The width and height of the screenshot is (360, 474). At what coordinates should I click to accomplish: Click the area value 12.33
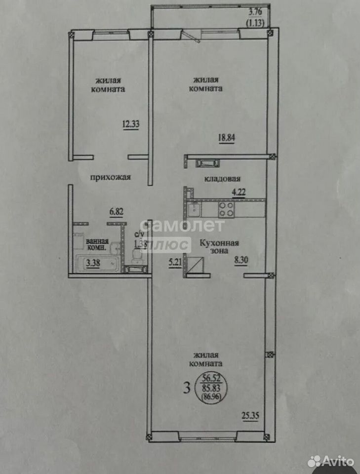(x=130, y=124)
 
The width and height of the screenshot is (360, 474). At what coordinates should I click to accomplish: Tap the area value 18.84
(x=227, y=138)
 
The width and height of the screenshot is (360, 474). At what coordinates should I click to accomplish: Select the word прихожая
(x=111, y=177)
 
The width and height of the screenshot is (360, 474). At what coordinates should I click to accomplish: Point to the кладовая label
(x=222, y=179)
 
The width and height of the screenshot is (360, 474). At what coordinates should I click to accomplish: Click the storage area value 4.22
(x=239, y=192)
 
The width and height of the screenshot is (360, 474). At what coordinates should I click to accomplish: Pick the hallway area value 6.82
(x=117, y=212)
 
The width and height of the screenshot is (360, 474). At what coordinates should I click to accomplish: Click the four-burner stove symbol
(x=227, y=209)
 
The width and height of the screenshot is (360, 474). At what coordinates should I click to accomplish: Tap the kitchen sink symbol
(x=193, y=210)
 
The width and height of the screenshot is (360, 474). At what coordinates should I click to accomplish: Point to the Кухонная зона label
(x=220, y=247)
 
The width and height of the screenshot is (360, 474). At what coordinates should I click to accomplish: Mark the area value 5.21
(x=175, y=262)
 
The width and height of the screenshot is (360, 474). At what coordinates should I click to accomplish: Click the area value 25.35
(x=250, y=416)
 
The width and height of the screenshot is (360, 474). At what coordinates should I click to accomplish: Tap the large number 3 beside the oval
(x=187, y=388)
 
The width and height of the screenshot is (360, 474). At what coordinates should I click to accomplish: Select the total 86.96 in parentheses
(x=211, y=397)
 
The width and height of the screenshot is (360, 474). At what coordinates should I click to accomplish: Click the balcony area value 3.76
(x=255, y=12)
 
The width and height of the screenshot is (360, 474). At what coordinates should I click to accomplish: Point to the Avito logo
(x=331, y=461)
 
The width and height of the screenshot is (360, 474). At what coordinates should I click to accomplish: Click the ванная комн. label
(x=97, y=244)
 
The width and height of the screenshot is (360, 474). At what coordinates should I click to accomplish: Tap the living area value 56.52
(x=212, y=377)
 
